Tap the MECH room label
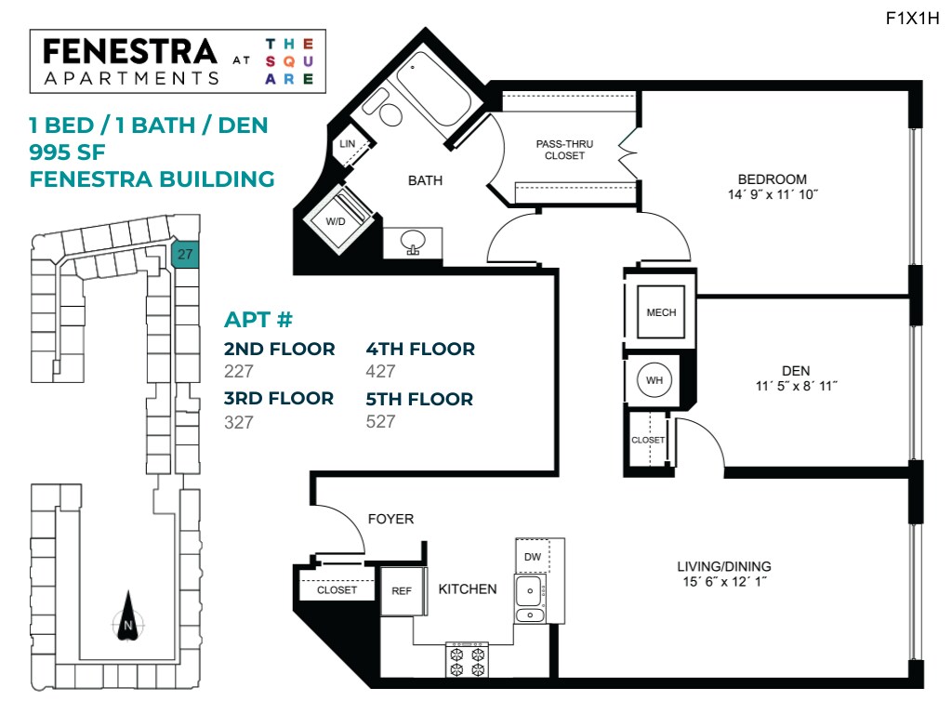pos(661,313)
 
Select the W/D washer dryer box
pos(337,220)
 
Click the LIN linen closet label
pos(348,143)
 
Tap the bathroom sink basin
pos(413,243)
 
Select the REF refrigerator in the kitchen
pos(402,590)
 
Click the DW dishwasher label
pos(533,557)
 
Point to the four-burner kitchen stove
pos(468,660)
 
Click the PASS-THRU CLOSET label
pos(564,150)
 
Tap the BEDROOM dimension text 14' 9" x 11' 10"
pos(772,195)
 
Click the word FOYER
pos(390,519)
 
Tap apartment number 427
pos(381,372)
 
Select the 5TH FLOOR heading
pos(419,399)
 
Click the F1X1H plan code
pos(913,19)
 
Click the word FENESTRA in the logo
pos(130,52)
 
